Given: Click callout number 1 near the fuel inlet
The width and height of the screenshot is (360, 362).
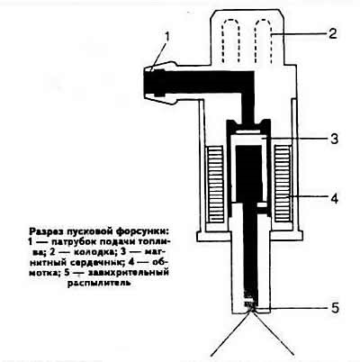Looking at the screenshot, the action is (x=166, y=39).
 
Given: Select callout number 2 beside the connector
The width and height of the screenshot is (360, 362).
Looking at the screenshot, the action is (x=331, y=33).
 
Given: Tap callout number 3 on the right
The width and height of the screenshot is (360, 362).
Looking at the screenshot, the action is (x=333, y=140).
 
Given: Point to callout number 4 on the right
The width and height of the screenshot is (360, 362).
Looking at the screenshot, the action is (x=333, y=199).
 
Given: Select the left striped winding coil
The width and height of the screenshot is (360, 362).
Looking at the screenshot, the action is (x=214, y=184).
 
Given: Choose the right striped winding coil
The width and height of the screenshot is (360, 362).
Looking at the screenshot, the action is (x=283, y=184).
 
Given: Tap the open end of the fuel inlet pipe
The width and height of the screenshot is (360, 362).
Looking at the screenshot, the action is (x=145, y=84).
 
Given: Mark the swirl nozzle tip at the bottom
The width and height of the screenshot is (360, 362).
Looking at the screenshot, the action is (x=250, y=305).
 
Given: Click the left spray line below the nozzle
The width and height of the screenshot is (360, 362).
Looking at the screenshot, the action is (x=230, y=333).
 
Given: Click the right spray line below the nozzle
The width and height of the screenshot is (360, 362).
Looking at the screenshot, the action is (x=273, y=332).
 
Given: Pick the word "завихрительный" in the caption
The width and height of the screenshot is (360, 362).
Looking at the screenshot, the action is (x=127, y=273).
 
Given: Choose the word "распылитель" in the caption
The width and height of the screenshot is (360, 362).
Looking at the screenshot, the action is (x=99, y=283).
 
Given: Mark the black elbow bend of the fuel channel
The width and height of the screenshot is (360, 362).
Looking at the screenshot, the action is (x=247, y=78).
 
